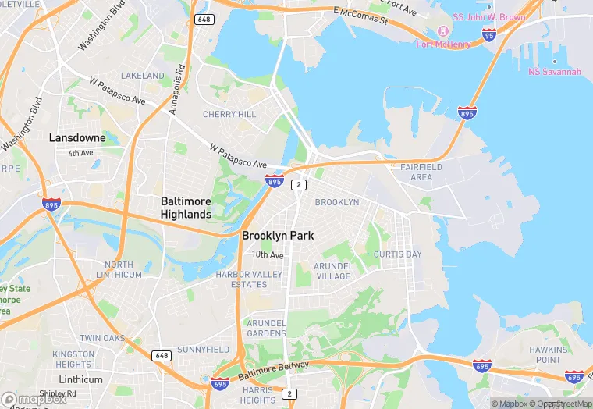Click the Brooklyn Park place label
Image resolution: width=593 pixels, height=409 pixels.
277,235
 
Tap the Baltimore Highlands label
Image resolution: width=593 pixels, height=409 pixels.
186,208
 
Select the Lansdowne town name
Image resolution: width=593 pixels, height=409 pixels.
77,137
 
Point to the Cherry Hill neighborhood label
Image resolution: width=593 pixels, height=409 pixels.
229,114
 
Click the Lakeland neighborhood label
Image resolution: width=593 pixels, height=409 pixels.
143,76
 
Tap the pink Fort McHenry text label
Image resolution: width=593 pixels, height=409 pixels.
443,44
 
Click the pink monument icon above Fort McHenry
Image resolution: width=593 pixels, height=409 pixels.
442,31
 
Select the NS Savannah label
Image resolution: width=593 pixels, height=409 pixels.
555,72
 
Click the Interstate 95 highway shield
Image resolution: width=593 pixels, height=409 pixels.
489,35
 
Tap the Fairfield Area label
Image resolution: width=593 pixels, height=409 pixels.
421,172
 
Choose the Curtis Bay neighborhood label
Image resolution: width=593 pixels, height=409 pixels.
397,254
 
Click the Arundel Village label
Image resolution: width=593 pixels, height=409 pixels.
333,271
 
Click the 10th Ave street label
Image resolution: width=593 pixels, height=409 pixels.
268,255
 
